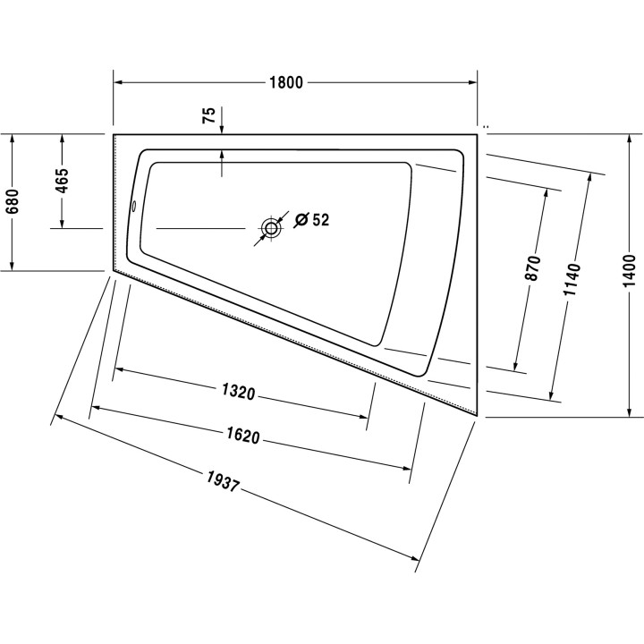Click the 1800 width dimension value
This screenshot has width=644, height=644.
coord(286,83)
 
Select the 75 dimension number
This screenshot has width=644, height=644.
coord(208,115)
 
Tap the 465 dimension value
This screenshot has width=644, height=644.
coord(62,182)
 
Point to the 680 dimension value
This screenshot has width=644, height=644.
coord(12,205)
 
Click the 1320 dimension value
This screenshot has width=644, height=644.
coord(239,392)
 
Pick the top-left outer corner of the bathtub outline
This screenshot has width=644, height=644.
coord(114,134)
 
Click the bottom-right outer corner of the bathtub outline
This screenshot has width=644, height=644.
coord(479,417)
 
